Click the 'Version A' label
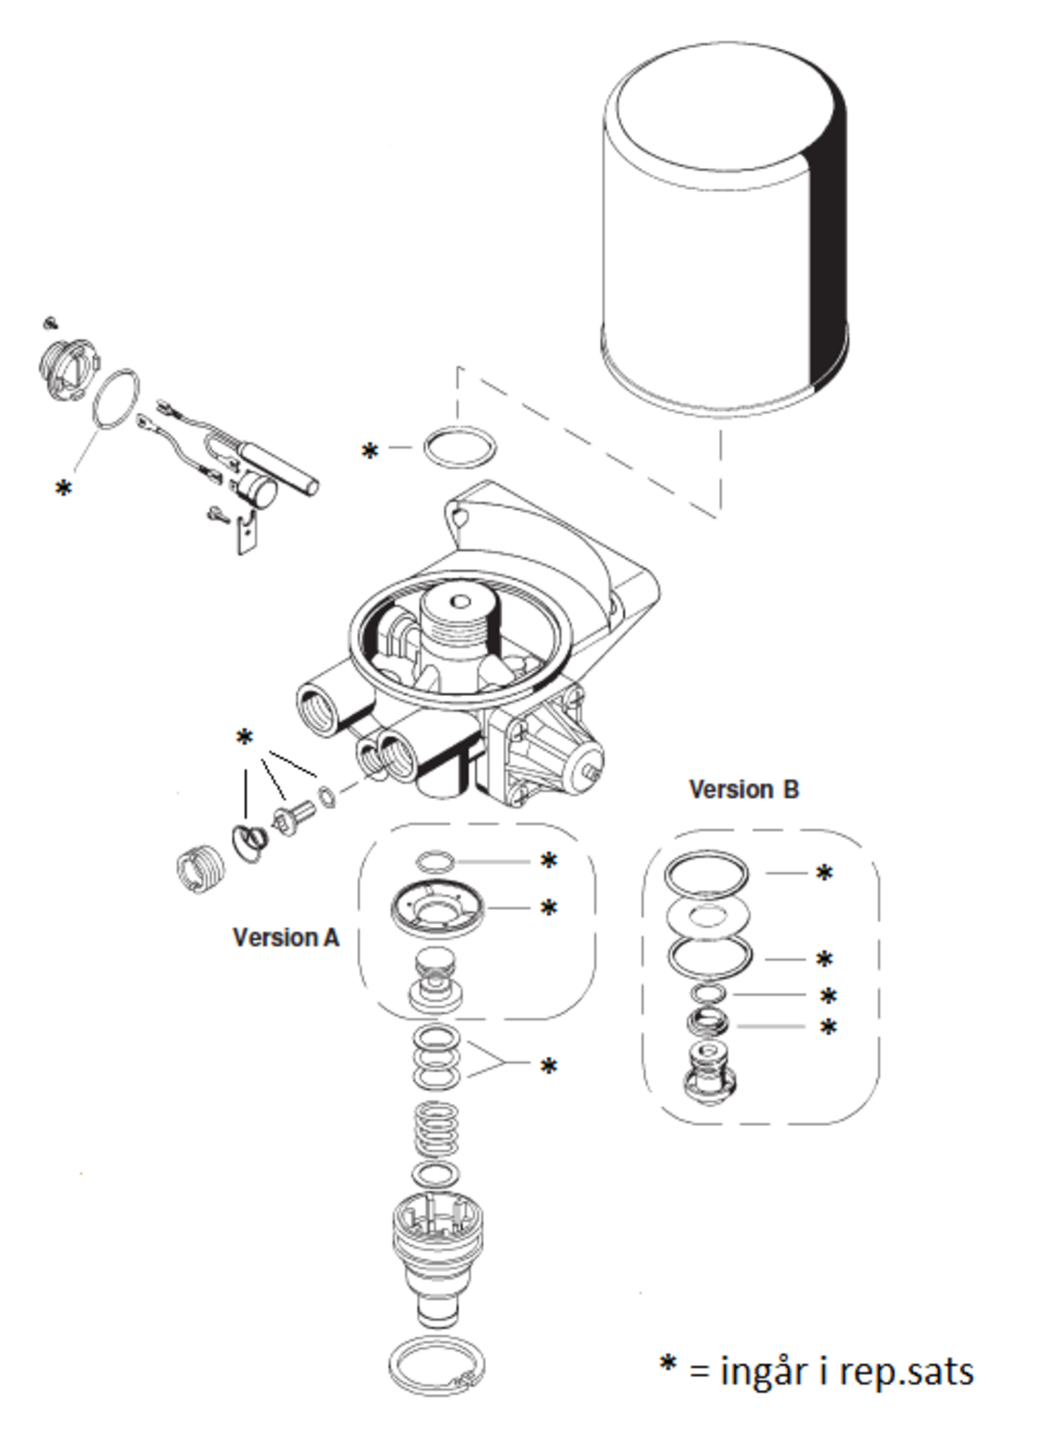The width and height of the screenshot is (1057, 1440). [285, 938]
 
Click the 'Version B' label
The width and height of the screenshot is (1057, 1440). [744, 789]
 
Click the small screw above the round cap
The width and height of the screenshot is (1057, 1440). [51, 323]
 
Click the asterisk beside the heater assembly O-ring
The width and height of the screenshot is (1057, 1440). [63, 489]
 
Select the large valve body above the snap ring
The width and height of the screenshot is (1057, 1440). [437, 1258]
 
